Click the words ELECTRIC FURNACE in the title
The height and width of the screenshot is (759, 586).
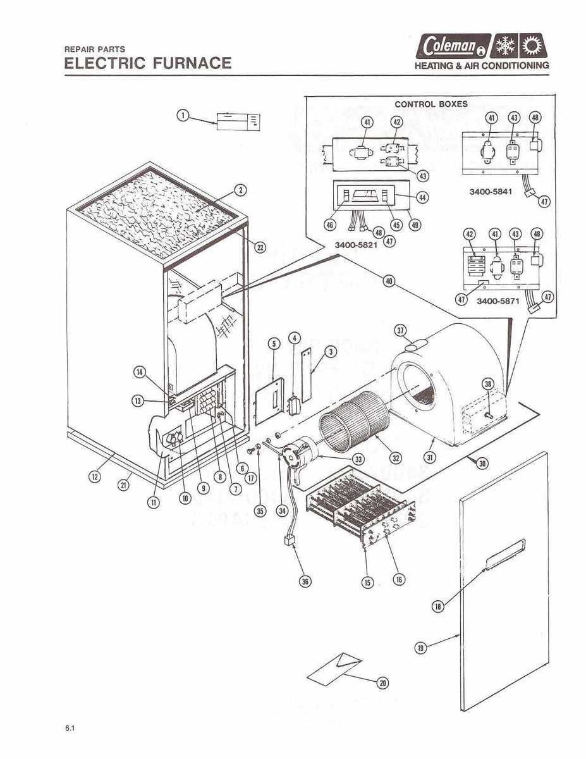[148, 63]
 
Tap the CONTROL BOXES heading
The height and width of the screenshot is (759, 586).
[431, 104]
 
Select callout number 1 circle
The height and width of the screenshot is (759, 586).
[182, 115]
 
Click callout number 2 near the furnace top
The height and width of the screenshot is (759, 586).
[240, 190]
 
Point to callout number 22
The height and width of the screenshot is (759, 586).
[260, 247]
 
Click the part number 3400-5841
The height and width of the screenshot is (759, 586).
[490, 192]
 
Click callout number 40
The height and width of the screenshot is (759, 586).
[389, 282]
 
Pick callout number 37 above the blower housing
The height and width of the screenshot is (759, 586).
[400, 330]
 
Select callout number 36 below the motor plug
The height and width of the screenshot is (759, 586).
[305, 583]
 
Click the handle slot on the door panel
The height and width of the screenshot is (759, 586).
[503, 554]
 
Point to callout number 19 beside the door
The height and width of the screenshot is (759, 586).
[421, 647]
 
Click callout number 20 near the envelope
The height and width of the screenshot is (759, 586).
[382, 683]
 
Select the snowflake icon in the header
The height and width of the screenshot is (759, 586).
[504, 46]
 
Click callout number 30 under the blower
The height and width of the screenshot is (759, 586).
[482, 464]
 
